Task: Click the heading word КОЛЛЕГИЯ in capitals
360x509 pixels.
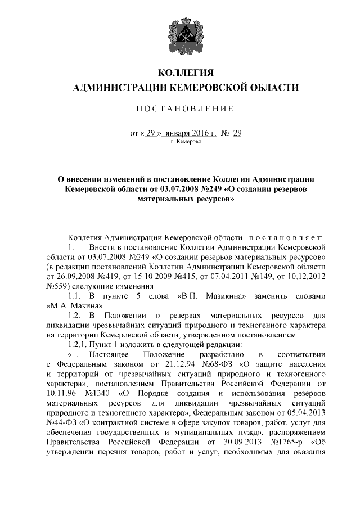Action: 185,73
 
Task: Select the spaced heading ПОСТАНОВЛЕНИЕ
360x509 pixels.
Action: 185,108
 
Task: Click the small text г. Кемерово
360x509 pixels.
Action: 185,142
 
